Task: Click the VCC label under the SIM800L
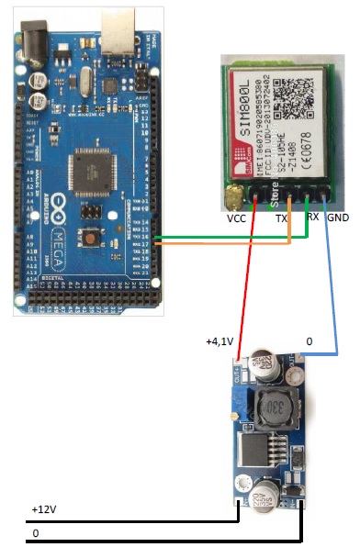click(x=236, y=220)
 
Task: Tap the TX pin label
click(x=283, y=220)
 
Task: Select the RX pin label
click(x=312, y=218)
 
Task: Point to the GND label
click(x=337, y=220)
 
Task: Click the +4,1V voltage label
click(x=222, y=341)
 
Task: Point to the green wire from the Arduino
click(x=230, y=238)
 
